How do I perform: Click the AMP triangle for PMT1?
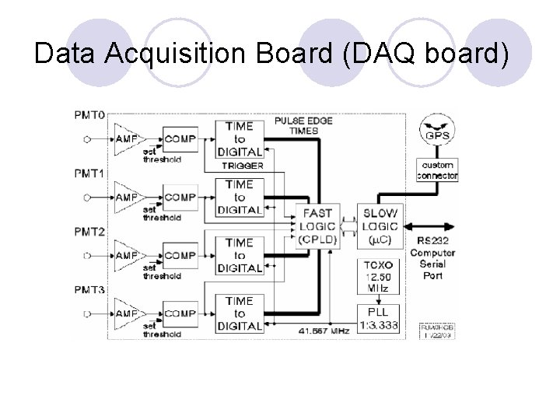(x=125, y=198)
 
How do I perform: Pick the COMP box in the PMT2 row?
(x=180, y=255)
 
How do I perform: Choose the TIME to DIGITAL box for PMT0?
(x=240, y=138)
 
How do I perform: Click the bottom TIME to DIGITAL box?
(x=240, y=313)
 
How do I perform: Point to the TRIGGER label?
(x=243, y=166)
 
